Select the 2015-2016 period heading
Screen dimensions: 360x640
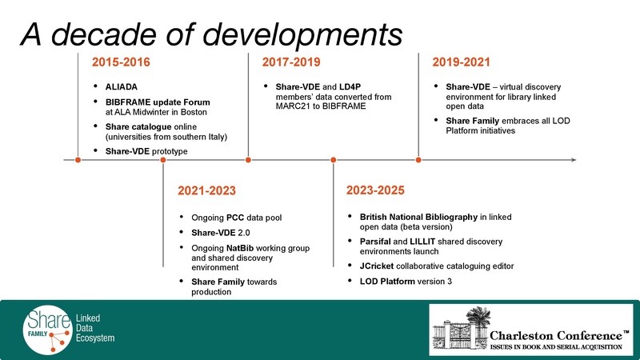[x=121, y=62]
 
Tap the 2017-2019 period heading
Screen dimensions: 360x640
[x=290, y=62]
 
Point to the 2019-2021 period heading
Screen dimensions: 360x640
[x=461, y=62]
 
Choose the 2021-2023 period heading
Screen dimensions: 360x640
[x=206, y=191]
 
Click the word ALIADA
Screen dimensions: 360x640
[x=123, y=86]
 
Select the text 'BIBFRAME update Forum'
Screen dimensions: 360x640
[x=158, y=102]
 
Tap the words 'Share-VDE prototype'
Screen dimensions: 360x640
[x=146, y=150]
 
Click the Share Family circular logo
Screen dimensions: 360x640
[x=45, y=328]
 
